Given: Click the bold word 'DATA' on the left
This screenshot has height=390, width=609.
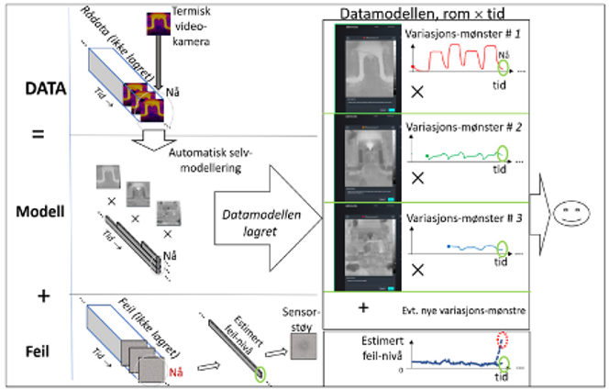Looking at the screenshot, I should pos(39,91).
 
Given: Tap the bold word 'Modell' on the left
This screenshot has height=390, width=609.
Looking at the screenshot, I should pos(39,207).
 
